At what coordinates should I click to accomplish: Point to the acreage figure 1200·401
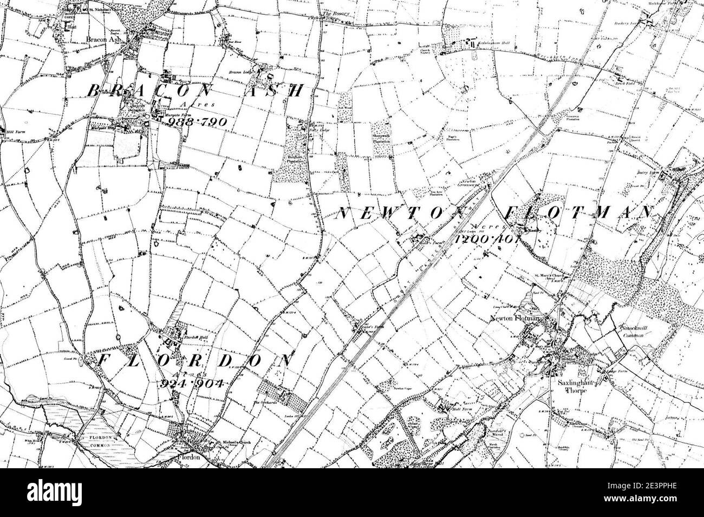[x=487, y=238]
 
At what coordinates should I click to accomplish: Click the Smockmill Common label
[x=634, y=332]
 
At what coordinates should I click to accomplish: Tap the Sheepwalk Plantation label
[x=381, y=138]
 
